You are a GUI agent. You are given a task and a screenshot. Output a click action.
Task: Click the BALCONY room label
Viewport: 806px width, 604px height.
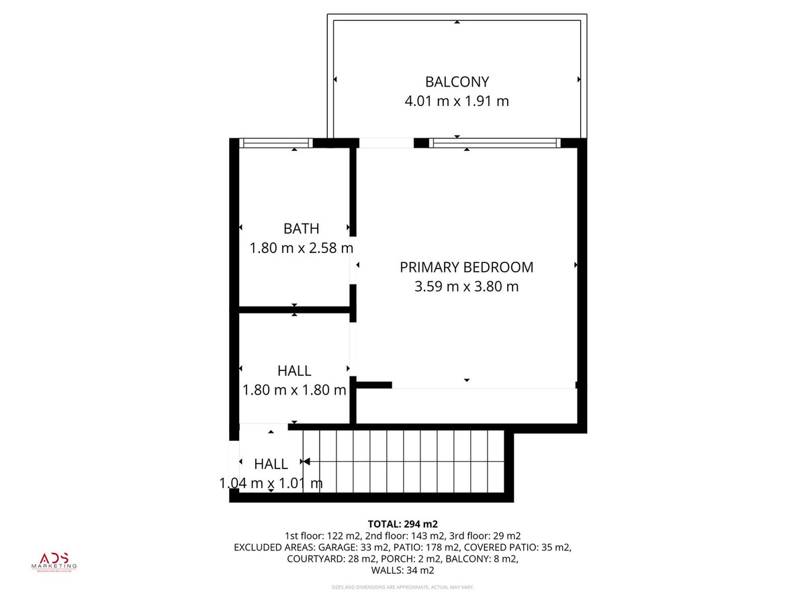click(457, 82)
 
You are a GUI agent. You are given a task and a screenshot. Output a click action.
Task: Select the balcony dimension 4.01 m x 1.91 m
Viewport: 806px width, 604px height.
click(457, 101)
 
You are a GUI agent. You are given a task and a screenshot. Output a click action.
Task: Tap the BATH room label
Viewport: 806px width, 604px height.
click(301, 229)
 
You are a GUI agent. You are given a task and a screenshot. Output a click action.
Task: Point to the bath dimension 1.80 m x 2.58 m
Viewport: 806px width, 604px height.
click(301, 248)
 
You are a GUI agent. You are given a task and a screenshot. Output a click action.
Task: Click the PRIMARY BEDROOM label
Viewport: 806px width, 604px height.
click(466, 267)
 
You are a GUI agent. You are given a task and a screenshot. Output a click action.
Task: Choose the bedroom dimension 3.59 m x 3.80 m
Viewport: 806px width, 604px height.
click(466, 287)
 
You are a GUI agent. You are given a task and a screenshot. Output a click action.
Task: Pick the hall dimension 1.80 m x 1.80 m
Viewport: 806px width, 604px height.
click(294, 390)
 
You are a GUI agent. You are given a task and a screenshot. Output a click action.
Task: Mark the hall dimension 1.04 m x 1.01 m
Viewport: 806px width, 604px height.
click(271, 483)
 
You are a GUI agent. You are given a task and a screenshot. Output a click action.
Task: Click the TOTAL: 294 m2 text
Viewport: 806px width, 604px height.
click(403, 523)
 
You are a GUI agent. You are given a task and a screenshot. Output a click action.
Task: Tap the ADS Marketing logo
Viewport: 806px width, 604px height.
click(56, 561)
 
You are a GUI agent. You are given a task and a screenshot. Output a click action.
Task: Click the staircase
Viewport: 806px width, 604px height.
click(403, 462)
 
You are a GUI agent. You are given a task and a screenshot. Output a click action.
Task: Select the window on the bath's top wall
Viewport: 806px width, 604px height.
click(276, 142)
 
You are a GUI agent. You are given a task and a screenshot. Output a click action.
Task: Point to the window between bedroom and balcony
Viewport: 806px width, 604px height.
click(494, 142)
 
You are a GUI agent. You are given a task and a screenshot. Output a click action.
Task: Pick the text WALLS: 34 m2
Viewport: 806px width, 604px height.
click(403, 570)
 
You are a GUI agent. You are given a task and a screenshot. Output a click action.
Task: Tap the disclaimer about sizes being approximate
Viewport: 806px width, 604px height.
click(403, 587)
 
